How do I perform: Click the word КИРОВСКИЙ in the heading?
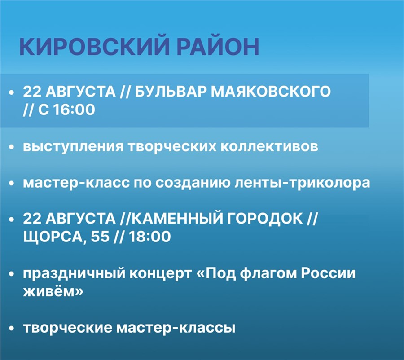point(94,47)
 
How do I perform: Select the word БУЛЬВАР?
point(170,92)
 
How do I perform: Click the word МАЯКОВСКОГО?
point(271,92)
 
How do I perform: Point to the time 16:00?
point(75,110)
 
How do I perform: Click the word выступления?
point(73,147)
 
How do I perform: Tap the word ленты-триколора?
point(302,183)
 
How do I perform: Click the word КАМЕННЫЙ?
point(177,219)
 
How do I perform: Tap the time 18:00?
point(149,237)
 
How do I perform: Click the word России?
point(328,273)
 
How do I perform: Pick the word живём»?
point(53,291)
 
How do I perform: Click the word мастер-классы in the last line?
point(176,328)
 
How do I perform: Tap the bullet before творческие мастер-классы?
point(11,329)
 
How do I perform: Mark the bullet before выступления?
point(11,147)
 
